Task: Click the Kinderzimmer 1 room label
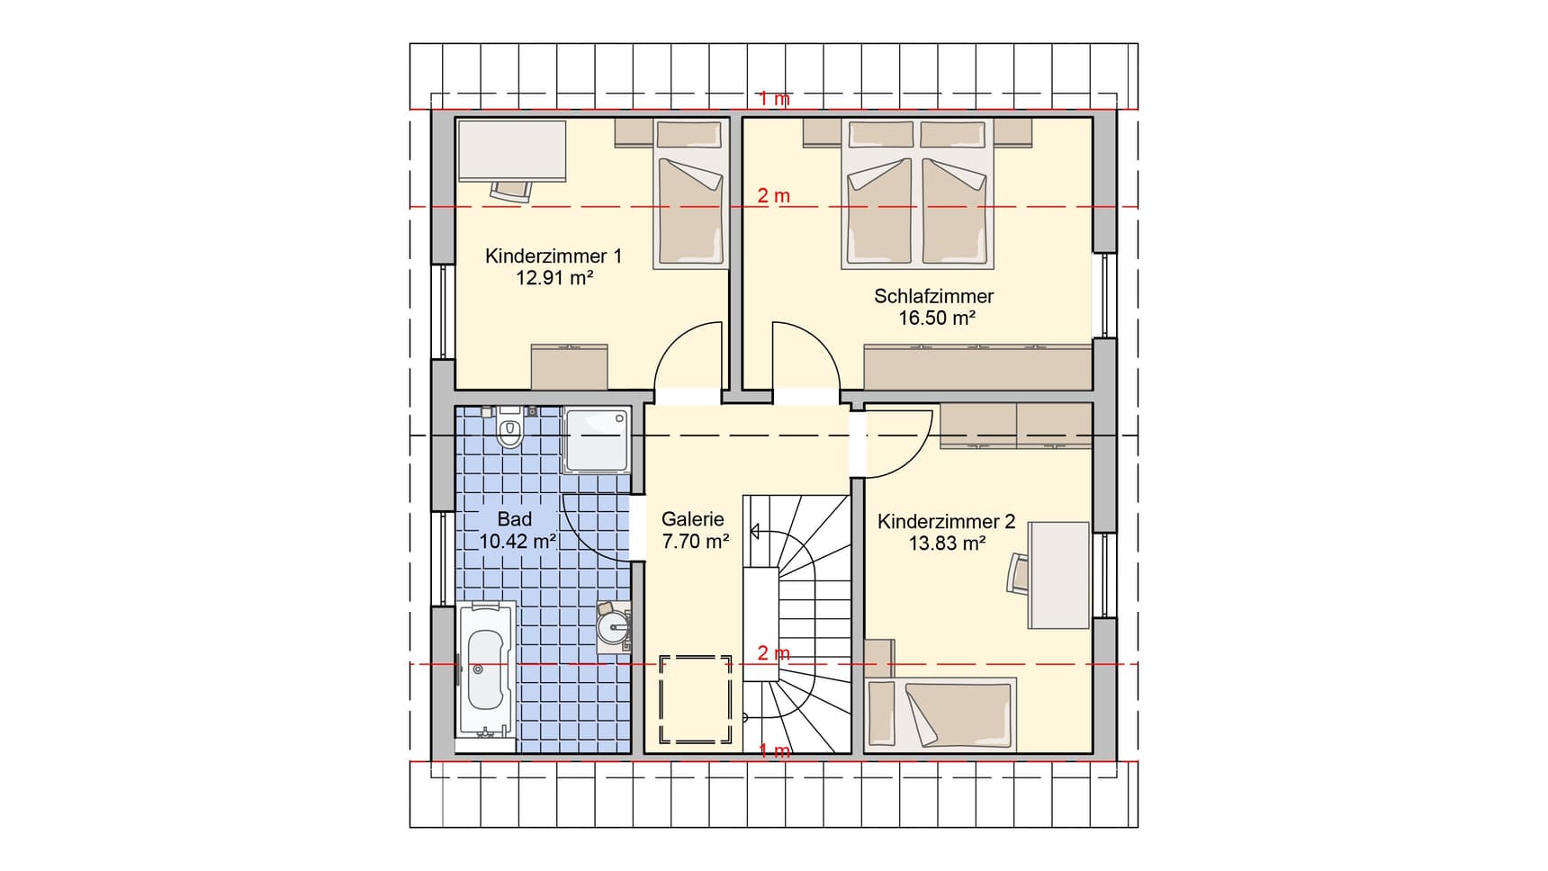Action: pyautogui.click(x=553, y=256)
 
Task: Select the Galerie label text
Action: pyautogui.click(x=692, y=519)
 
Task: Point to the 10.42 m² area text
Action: pyautogui.click(x=517, y=542)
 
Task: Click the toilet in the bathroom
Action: pyautogui.click(x=510, y=432)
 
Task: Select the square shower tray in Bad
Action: pyautogui.click(x=595, y=439)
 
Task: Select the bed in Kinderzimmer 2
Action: pyautogui.click(x=940, y=714)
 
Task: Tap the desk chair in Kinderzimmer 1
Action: pyautogui.click(x=512, y=191)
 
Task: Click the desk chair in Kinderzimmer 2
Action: pyautogui.click(x=1018, y=572)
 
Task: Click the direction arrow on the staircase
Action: pyautogui.click(x=752, y=531)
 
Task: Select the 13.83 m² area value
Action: pyautogui.click(x=947, y=543)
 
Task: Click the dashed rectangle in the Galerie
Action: pyautogui.click(x=696, y=699)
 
